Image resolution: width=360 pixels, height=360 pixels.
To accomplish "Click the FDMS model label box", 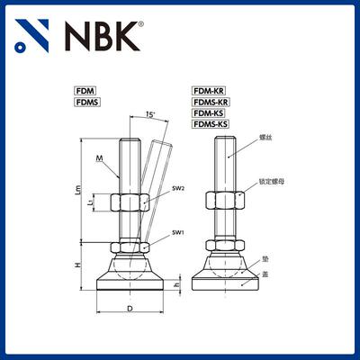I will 87,103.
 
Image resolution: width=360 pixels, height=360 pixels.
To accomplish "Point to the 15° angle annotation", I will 149,114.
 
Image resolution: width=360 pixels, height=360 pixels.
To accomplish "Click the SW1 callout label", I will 177,232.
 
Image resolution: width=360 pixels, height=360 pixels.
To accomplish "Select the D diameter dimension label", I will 130,308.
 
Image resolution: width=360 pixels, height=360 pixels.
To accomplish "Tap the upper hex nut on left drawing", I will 130,202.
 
